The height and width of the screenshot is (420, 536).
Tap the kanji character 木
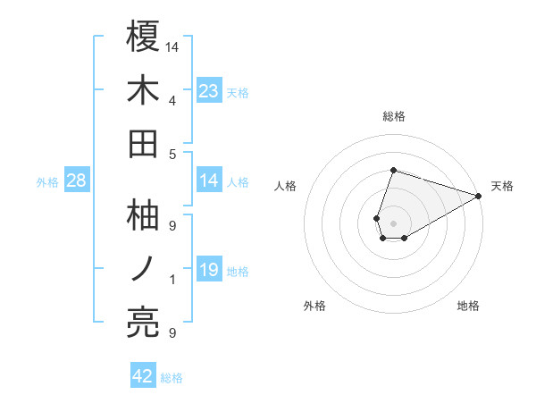(x=144, y=89)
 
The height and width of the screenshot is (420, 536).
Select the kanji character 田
(x=144, y=143)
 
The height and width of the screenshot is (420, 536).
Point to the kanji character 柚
(x=144, y=215)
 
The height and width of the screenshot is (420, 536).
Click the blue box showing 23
(x=209, y=90)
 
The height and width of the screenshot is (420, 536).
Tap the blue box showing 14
(x=209, y=181)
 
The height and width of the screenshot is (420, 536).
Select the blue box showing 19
(x=209, y=270)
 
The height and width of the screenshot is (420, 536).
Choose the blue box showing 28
(x=77, y=181)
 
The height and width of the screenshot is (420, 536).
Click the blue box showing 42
(x=143, y=376)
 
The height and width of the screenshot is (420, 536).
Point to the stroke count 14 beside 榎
(x=173, y=46)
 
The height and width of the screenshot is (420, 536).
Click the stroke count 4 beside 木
(x=172, y=100)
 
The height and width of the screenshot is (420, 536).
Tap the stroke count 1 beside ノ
(x=172, y=280)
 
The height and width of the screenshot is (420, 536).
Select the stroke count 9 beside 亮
(x=172, y=333)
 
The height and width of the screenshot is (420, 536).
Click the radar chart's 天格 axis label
(x=503, y=186)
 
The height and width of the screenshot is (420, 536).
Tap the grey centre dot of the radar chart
(x=393, y=223)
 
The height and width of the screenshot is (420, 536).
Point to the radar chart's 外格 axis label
(x=314, y=306)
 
